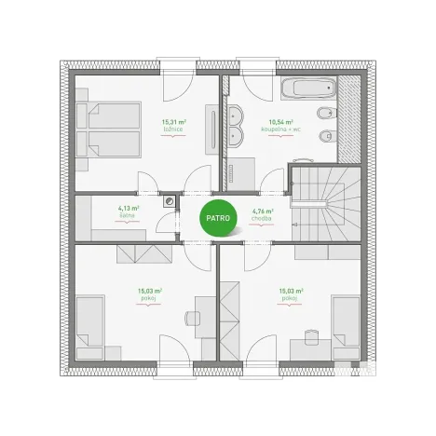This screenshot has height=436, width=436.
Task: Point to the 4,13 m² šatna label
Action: tap(128, 211)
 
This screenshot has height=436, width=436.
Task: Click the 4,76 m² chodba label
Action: tap(262, 214)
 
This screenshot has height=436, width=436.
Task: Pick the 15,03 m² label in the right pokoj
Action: tap(292, 293)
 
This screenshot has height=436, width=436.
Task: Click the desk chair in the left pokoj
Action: tap(191, 318)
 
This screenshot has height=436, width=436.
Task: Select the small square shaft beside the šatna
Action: tap(170, 199)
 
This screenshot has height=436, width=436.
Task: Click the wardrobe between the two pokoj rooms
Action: tap(229, 318)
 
